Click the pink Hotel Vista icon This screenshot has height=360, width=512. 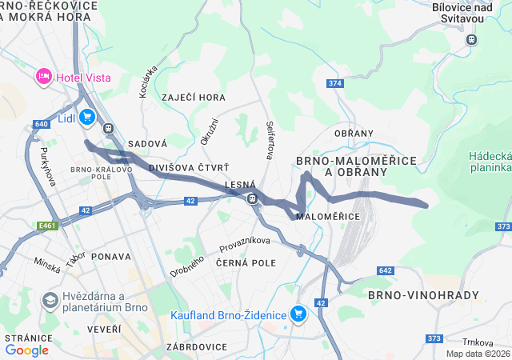pos(43,77)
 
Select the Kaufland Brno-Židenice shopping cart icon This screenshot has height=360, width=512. pos(299,314)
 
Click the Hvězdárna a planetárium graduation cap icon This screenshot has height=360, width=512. pos(50,301)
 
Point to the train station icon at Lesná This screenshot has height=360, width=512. pos(252,198)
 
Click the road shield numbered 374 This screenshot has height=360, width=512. pos(334,84)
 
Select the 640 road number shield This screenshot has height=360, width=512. pos(42,124)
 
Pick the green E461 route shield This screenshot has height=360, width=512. pos(47,226)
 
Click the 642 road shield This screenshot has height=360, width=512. pos(386,271)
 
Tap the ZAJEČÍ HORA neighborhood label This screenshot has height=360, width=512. pos(194,98)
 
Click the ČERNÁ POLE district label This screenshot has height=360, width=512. pos(246,262)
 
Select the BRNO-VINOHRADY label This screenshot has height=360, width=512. pos(424,295)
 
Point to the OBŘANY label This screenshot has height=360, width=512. pos(354,133)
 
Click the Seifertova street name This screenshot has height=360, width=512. pos(270,139)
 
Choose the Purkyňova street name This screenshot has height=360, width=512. pos(46,166)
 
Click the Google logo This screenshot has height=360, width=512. pos(26,350)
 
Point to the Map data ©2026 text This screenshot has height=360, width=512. pos(477,354)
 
